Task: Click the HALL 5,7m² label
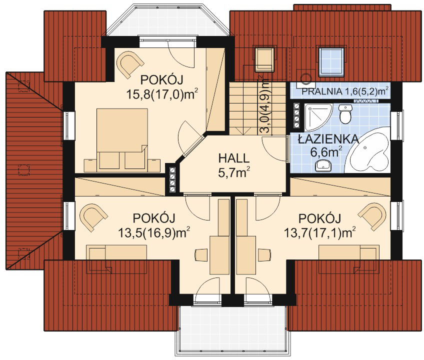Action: [x=234, y=164]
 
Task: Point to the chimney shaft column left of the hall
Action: [x=173, y=178]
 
